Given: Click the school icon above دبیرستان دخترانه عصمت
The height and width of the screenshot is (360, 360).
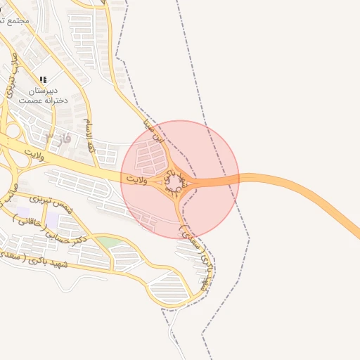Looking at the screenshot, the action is coord(43,79).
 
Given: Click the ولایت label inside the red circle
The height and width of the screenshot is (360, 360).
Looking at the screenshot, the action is coord(136,181).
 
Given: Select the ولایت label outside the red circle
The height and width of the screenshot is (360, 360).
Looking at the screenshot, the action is coord(33,154).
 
